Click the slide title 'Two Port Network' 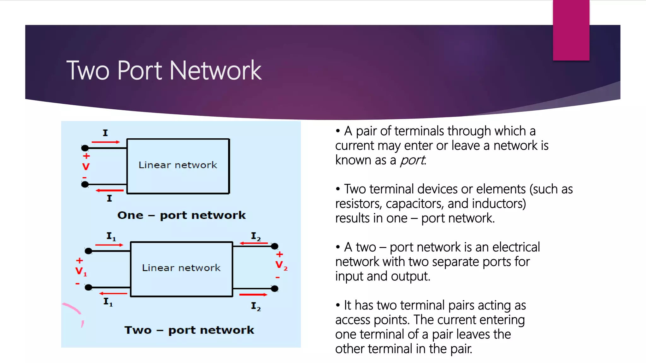point(164,70)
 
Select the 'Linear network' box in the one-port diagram point(178,166)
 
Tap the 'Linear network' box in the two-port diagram point(181,269)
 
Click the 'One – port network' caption point(181,215)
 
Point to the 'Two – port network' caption point(189,330)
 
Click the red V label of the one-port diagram point(86,167)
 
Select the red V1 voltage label point(80,271)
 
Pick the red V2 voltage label point(281,265)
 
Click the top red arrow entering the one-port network point(106,142)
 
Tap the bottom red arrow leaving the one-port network point(110,190)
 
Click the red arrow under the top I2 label point(254,243)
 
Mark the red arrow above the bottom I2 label point(253,295)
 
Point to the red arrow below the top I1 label point(109,245)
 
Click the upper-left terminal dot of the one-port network point(85,148)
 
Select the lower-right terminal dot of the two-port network point(275,288)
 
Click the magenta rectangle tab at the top point(571,30)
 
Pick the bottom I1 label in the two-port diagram point(108,302)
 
